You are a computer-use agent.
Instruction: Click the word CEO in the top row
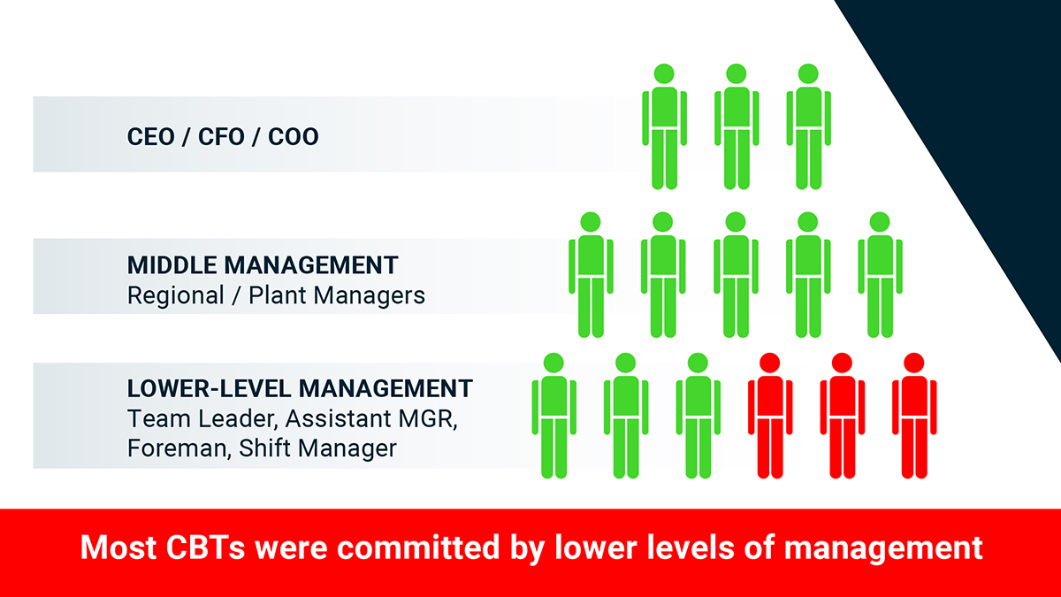pos(150,137)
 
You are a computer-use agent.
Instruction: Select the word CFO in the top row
pos(221,137)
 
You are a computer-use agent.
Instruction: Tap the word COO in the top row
pos(294,137)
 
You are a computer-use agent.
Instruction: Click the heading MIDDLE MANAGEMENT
pos(263,265)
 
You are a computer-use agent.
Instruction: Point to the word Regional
pos(176,296)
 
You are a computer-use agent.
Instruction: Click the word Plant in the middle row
pos(278,295)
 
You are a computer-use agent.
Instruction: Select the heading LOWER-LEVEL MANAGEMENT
pos(300,389)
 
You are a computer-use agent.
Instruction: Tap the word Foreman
pos(179,448)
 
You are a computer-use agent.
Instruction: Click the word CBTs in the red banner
pos(205,547)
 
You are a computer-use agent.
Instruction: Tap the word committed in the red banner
pos(418,547)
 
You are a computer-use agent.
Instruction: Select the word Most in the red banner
pos(118,547)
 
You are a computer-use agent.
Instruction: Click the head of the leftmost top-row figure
pos(664,74)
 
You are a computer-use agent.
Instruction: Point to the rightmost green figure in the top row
pos(808,126)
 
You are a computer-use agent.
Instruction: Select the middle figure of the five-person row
pos(736,275)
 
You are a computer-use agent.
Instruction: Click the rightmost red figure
pos(914,416)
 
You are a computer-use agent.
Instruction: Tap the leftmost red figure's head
pos(770,363)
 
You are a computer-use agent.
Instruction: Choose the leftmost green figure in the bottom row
pos(553,416)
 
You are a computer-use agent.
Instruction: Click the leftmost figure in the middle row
pos(591,275)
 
